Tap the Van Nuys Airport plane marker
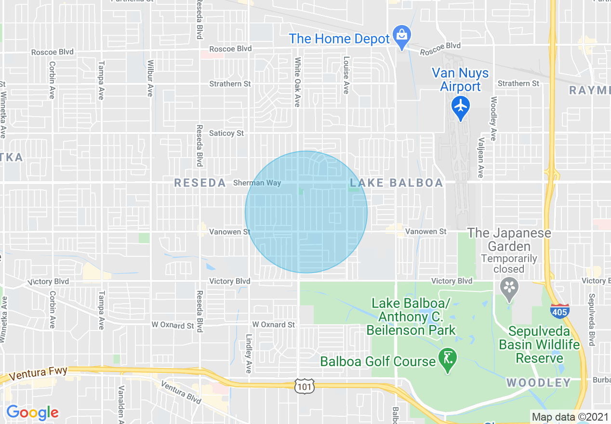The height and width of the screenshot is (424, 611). (x=461, y=105)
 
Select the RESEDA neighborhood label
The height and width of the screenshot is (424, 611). (x=200, y=183)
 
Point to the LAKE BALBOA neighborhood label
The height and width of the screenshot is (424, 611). (x=397, y=183)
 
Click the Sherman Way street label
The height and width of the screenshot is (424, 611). (x=257, y=183)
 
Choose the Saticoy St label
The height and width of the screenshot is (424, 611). (x=226, y=133)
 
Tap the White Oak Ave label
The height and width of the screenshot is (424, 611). (x=297, y=82)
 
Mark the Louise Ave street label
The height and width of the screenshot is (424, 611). (x=346, y=74)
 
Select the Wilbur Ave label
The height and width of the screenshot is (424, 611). (x=150, y=78)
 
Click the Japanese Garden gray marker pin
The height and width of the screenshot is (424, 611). (x=509, y=288)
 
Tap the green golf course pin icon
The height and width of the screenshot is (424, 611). (x=449, y=359)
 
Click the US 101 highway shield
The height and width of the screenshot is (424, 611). (x=305, y=385)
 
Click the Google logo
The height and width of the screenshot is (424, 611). (x=32, y=412)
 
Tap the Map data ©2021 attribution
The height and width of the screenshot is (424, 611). (x=570, y=417)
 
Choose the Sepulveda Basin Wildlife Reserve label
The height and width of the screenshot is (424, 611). (x=539, y=344)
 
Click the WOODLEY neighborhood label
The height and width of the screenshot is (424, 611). (x=538, y=383)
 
